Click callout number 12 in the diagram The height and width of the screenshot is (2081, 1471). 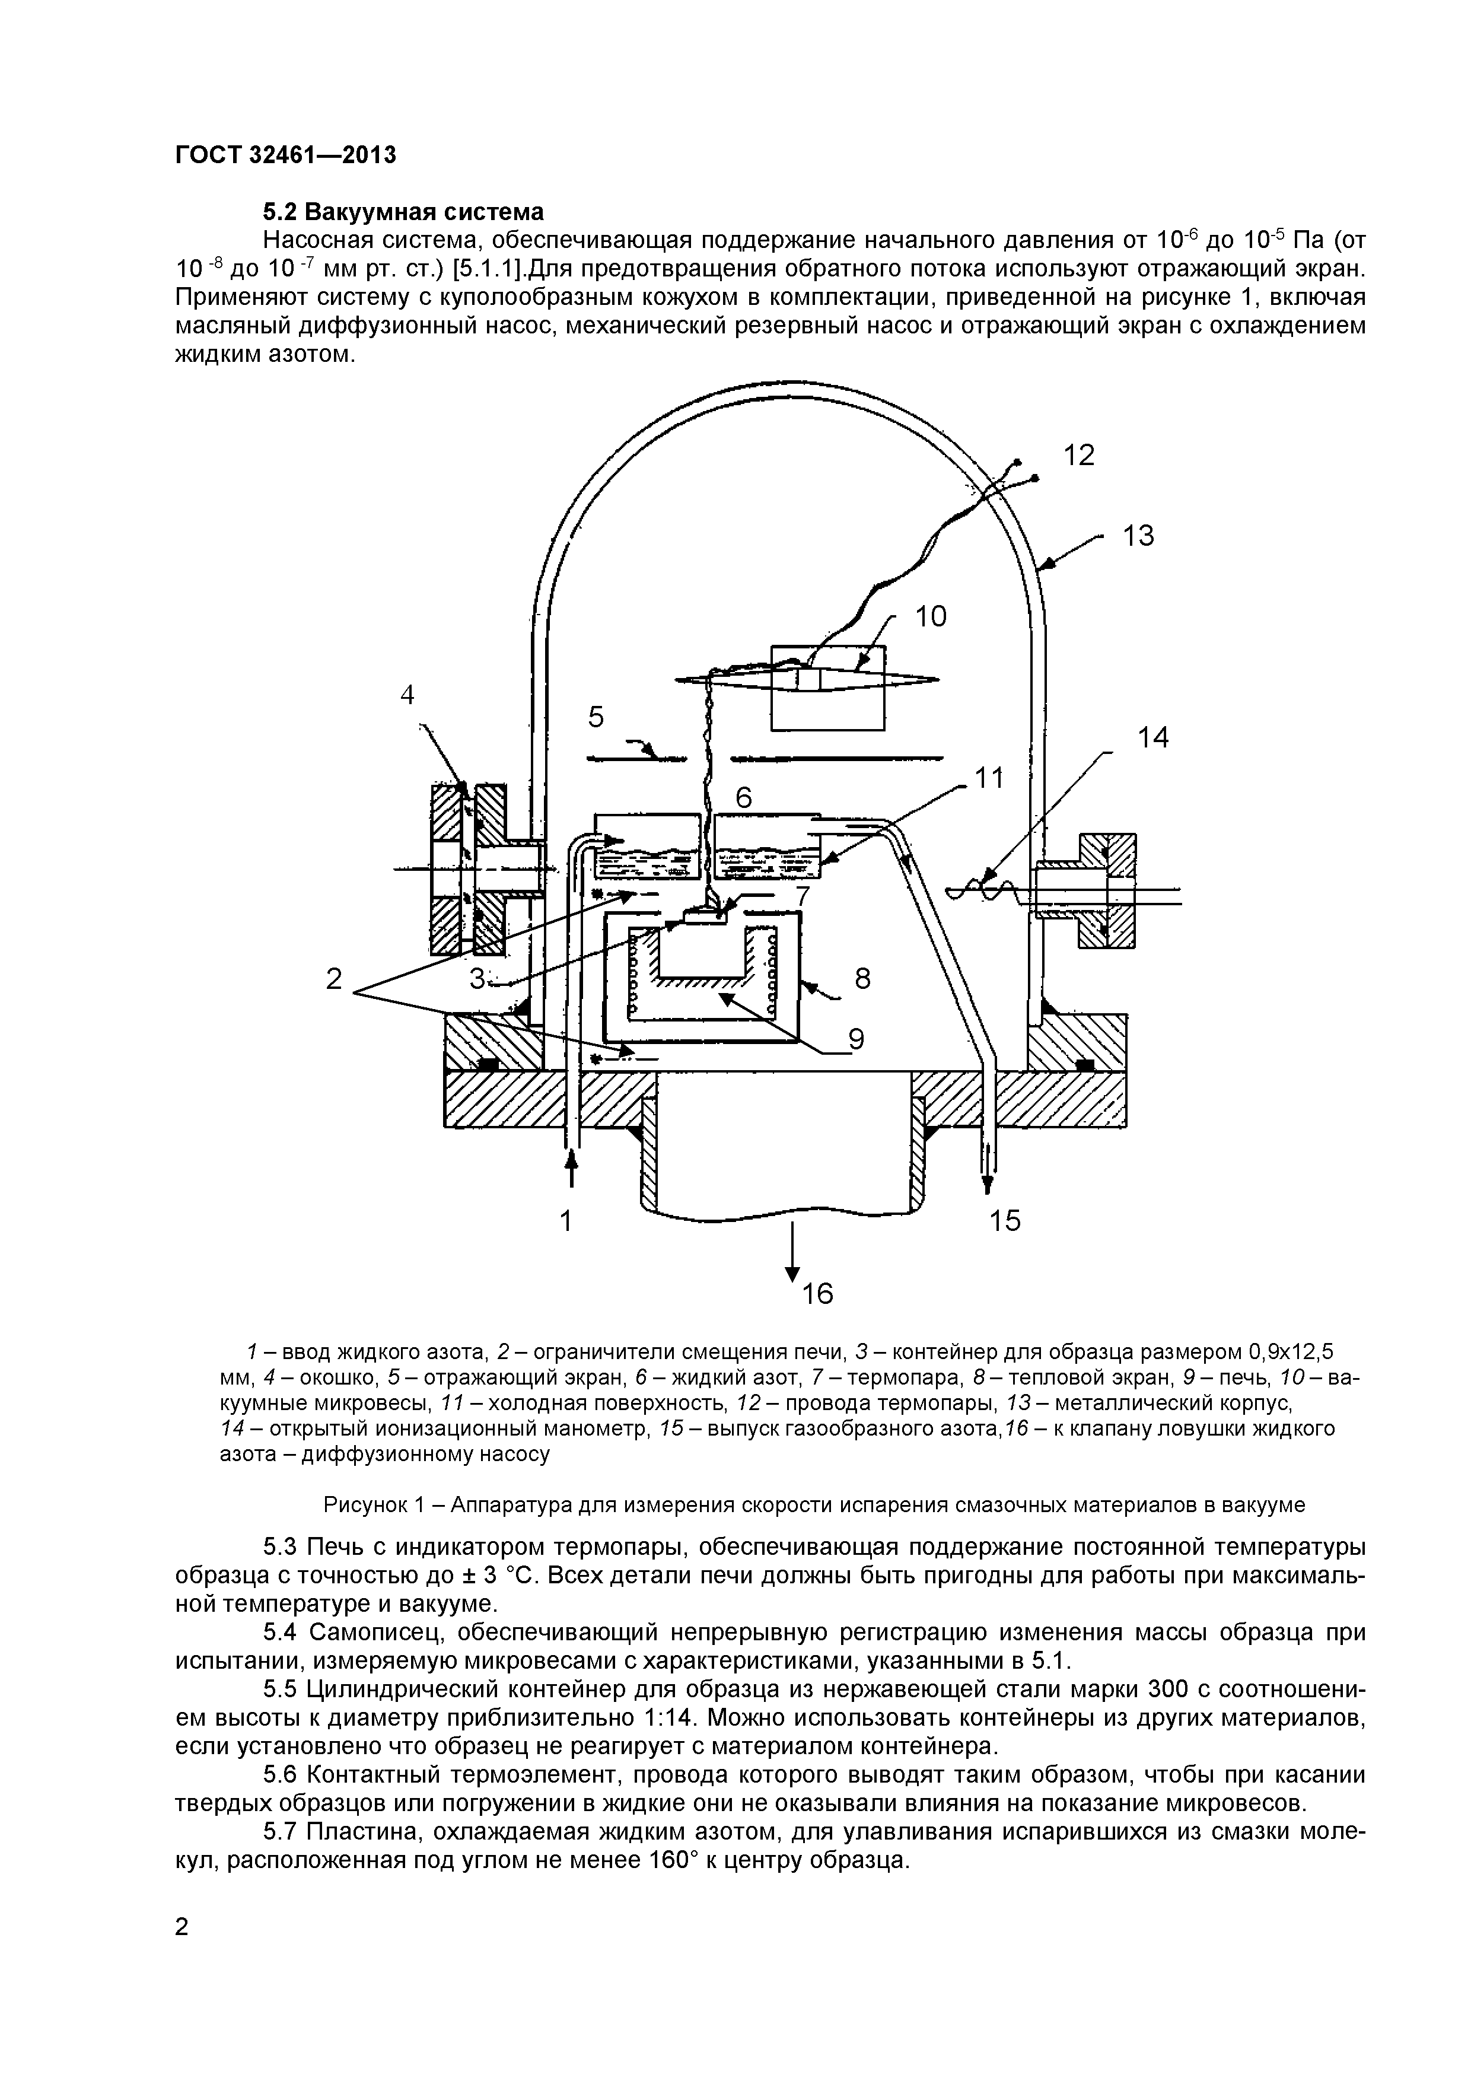[1078, 455]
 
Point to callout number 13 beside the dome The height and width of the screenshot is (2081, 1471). [1138, 537]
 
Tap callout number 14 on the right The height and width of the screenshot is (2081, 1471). [1153, 739]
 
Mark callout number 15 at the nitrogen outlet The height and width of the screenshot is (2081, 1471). [1004, 1221]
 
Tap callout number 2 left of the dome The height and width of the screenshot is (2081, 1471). [335, 979]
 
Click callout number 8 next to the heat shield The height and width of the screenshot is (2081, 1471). [862, 979]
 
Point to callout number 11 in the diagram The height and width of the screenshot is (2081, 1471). [990, 778]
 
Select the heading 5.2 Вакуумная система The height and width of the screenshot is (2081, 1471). [403, 212]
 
